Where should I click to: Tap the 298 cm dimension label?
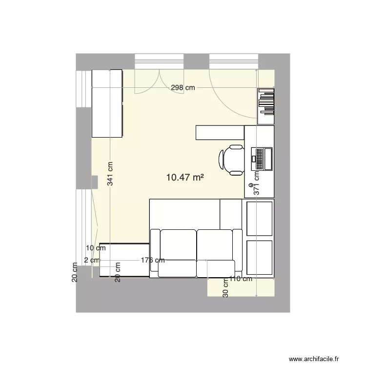point(183,88)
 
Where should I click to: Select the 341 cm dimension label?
point(111,174)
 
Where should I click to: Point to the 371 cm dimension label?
point(256,183)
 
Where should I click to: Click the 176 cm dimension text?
point(152,260)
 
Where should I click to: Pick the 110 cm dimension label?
point(241,279)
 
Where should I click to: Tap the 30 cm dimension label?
point(225,288)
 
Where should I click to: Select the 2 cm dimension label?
point(91,260)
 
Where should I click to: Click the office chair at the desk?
point(232,160)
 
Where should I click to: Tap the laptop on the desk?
point(262,159)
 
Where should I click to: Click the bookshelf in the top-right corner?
point(266,105)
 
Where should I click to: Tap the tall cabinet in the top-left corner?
point(107,103)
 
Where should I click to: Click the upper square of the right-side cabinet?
point(260,218)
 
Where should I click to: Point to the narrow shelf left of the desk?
point(220,133)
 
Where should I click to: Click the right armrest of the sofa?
point(238,253)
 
